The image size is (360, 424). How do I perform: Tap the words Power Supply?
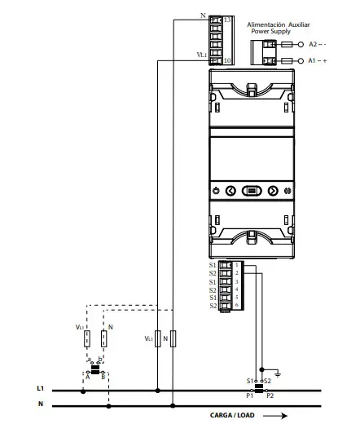[276, 33]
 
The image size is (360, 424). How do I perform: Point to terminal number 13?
[227, 18]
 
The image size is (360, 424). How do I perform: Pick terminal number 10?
[227, 60]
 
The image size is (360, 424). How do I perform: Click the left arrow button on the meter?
[230, 191]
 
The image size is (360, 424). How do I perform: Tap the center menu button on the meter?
[251, 191]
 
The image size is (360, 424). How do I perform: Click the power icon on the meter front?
[215, 191]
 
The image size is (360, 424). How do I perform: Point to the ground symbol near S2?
[278, 374]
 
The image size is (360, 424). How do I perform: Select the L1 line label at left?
[40, 390]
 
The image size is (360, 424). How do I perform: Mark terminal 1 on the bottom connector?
[236, 265]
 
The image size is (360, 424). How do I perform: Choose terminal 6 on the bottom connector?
[236, 306]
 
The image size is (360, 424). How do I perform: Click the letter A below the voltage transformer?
[87, 376]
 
